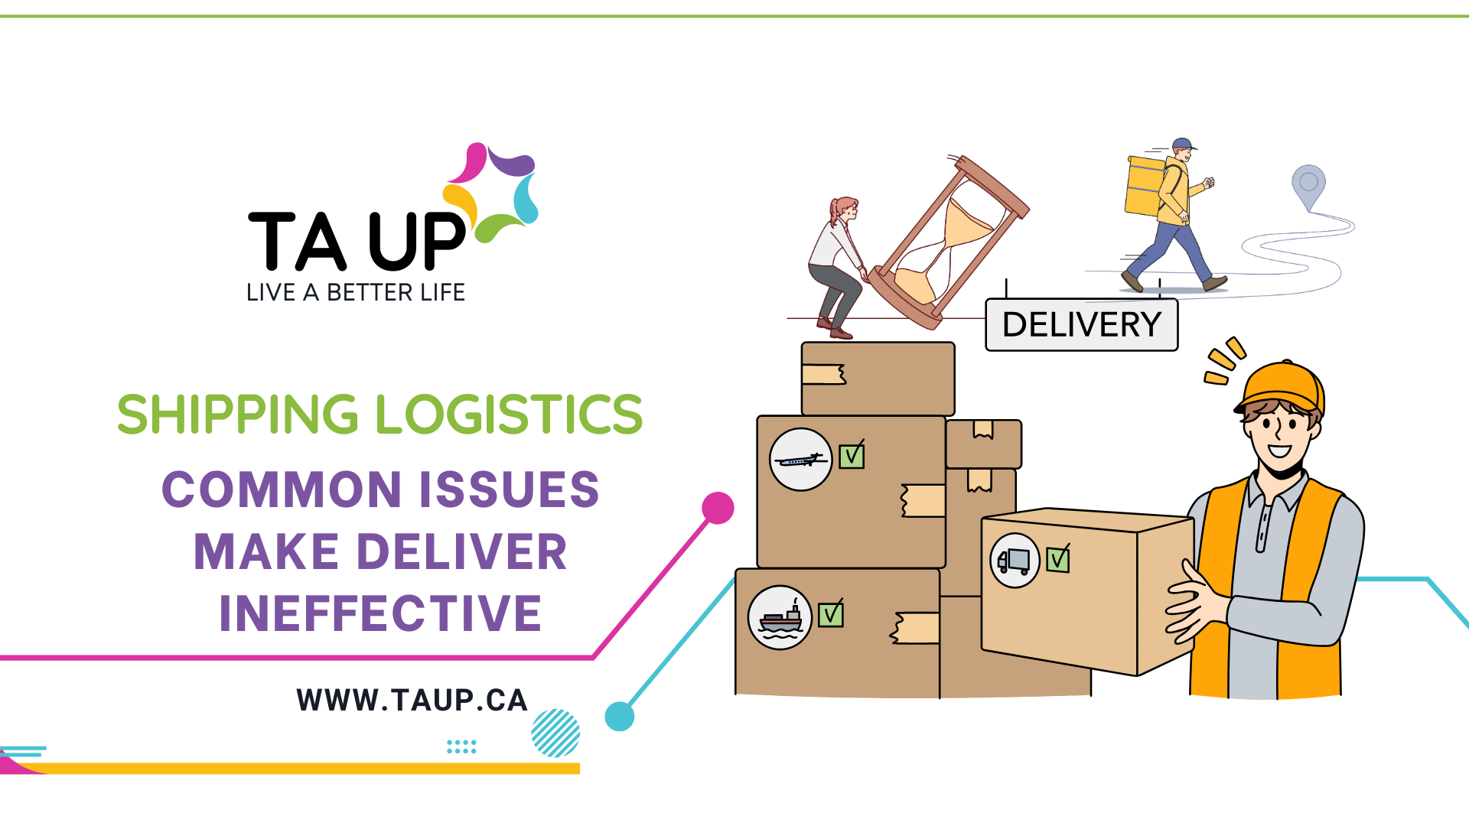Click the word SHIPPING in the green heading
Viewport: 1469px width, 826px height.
(237, 415)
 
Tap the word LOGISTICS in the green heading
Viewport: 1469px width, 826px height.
(509, 415)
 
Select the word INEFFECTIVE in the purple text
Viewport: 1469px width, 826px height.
(380, 613)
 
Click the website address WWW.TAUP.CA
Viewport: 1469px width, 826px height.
(412, 701)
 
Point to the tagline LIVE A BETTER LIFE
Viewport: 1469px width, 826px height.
(356, 292)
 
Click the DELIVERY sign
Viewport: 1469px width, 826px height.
(1081, 325)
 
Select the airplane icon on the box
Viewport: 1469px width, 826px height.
(800, 460)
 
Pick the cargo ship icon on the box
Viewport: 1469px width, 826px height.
(780, 617)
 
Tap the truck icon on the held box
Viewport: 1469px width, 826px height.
(1015, 561)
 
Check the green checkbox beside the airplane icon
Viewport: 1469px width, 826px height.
(852, 457)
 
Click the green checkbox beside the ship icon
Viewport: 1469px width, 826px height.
(831, 615)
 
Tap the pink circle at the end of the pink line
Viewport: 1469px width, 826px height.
(718, 508)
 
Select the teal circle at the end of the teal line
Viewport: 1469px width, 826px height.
(620, 717)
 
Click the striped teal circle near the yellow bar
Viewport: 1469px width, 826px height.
(555, 733)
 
